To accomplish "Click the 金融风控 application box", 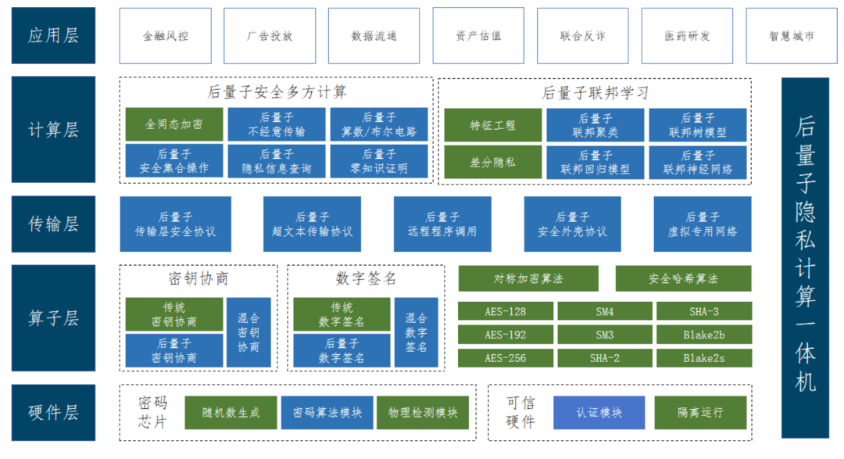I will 166,36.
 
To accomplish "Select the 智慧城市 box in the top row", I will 792,36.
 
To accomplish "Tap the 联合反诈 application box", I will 583,36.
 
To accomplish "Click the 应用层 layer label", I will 53,36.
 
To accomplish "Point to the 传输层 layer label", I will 53,224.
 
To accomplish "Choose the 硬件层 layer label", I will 53,412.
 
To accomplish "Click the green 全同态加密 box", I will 174,124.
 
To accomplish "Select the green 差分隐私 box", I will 492,161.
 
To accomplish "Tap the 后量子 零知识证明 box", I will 379,161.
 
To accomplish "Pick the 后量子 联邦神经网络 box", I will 698,161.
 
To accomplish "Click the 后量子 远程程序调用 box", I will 442,224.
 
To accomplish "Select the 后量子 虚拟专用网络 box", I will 703,224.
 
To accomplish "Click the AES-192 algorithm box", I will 505,335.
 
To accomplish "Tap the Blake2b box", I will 703,335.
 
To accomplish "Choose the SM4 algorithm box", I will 604,311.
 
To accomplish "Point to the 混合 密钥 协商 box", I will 249,332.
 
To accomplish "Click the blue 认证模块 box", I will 599,412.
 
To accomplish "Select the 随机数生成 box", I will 230,412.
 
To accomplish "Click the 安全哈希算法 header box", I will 683,278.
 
